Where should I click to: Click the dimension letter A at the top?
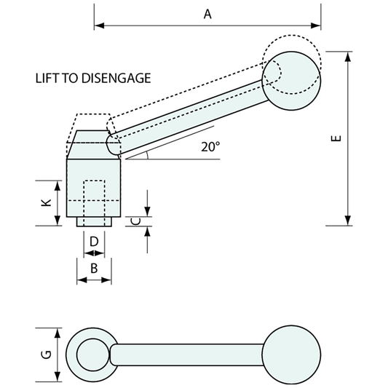pyautogui.click(x=207, y=13)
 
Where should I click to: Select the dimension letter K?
pyautogui.click(x=44, y=202)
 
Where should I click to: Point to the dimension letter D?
pyautogui.click(x=94, y=241)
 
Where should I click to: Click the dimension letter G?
pyautogui.click(x=44, y=355)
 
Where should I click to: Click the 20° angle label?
pyautogui.click(x=210, y=146)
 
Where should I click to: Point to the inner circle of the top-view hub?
pyautogui.click(x=91, y=355)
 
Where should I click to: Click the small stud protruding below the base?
pyautogui.click(x=94, y=221)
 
